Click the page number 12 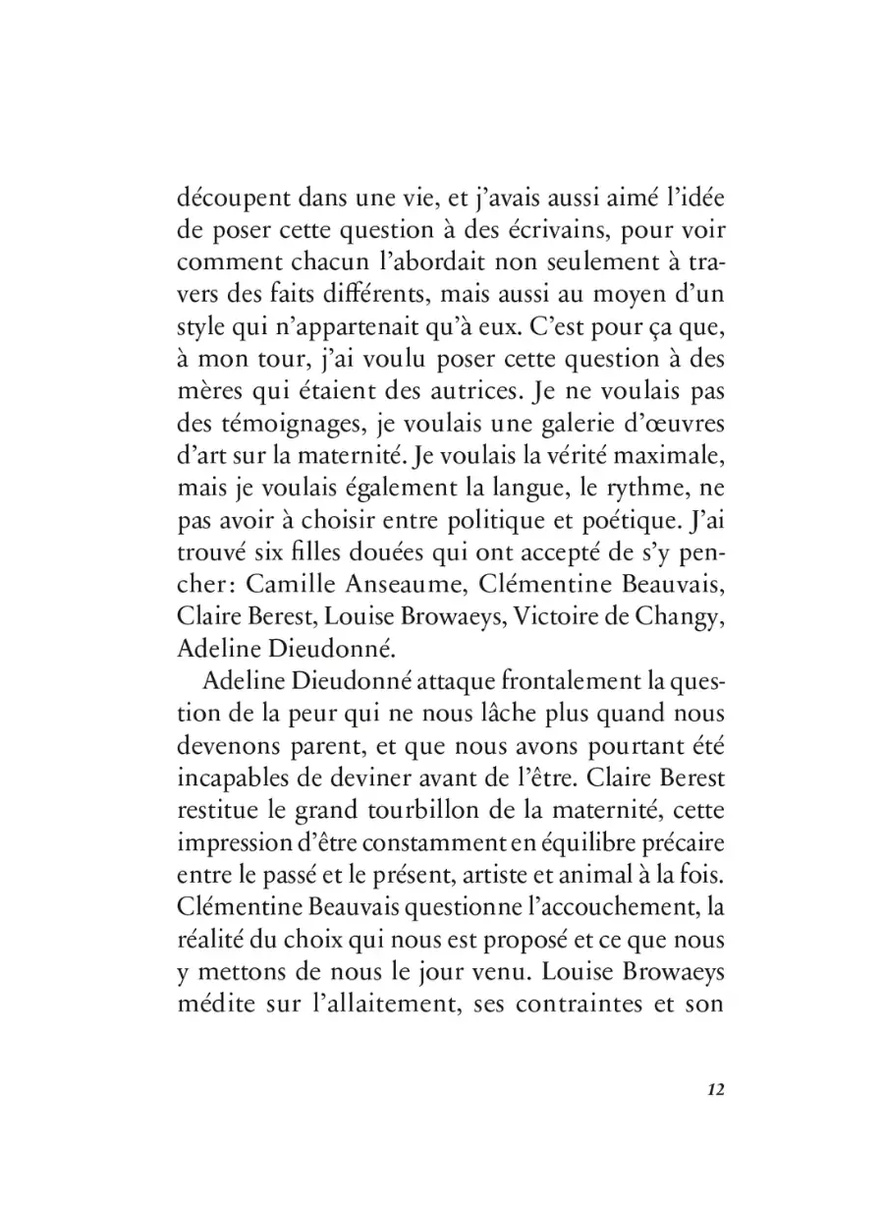tap(714, 1090)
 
